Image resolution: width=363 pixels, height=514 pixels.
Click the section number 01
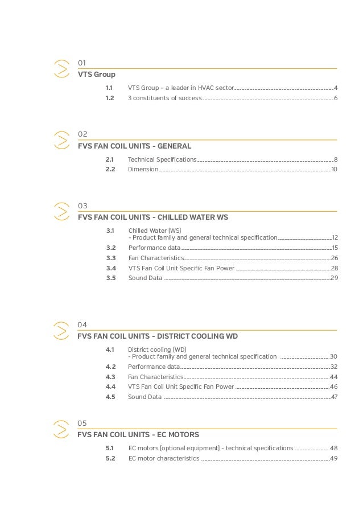81,63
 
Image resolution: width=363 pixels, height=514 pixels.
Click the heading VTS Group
96,74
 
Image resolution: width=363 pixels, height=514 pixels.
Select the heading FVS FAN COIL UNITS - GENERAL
134,145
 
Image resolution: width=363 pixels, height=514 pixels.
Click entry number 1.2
109,98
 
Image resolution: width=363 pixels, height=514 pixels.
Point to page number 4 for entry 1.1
336,88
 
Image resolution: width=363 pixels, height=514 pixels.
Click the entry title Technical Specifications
162,159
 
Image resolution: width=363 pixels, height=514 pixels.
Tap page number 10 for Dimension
334,170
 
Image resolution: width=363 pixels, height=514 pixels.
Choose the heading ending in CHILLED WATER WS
153,217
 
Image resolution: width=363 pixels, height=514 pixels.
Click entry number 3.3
111,258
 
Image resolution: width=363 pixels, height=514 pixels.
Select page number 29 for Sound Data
334,278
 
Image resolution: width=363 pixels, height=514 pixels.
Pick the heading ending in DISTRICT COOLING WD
158,336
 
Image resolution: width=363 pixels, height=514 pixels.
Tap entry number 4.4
110,386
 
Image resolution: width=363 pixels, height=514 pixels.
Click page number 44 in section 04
334,377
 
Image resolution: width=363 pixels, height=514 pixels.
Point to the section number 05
82,423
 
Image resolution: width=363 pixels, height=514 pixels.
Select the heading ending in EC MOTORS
138,435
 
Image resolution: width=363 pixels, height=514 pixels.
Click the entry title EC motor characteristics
164,458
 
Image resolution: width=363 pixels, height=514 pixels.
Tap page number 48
334,448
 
